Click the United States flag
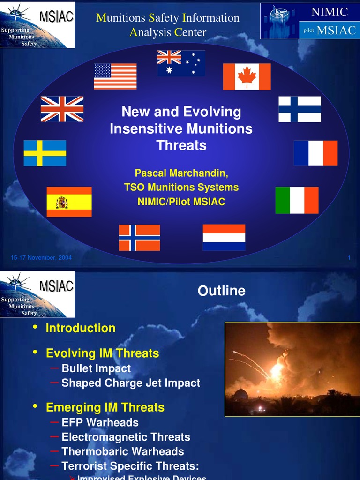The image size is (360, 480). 115,76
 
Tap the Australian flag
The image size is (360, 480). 181,63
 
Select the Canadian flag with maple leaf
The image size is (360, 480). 247,76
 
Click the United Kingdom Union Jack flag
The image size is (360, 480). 62,109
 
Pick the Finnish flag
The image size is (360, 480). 300,109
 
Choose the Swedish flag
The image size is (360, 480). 45,153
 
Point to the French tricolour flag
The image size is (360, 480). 315,153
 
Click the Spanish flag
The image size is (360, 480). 69,202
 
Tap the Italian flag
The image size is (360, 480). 297,200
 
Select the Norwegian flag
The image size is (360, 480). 139,238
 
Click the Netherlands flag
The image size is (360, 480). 224,237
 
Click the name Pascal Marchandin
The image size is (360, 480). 181,173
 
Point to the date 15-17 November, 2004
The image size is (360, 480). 41,257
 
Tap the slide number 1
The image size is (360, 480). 349,257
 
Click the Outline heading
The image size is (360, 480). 221,291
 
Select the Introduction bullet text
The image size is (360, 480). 80,328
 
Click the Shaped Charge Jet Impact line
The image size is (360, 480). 131,383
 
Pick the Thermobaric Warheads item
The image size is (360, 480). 122,451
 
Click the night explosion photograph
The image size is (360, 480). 292,369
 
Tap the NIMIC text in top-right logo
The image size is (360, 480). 330,12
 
